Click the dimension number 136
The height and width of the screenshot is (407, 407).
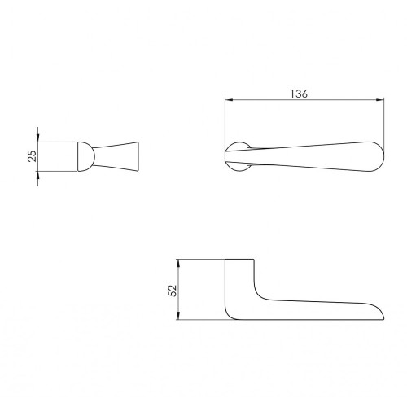[299, 94]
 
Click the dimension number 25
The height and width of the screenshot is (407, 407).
[32, 156]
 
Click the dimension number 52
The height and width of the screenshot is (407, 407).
[173, 291]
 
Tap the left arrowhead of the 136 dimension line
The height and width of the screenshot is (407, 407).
[230, 100]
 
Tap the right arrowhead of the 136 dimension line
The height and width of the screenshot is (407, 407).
[380, 100]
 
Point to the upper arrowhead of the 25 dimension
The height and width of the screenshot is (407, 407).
[37, 138]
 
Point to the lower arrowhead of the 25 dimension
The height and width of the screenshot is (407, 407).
[37, 175]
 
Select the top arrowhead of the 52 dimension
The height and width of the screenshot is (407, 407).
[178, 264]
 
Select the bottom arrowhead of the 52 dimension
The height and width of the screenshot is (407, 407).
[178, 316]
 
